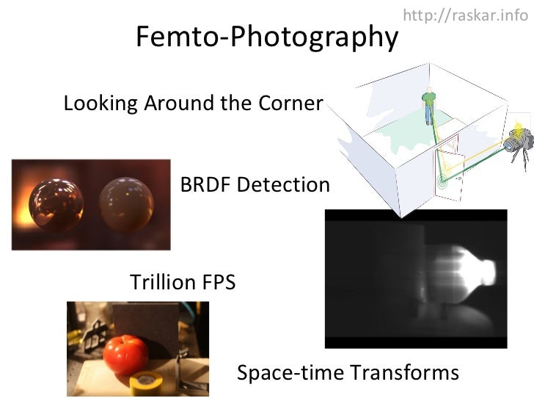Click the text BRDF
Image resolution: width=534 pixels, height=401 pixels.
click(205, 185)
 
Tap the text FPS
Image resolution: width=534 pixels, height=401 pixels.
click(214, 282)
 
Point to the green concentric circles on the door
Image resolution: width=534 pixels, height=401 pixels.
click(442, 180)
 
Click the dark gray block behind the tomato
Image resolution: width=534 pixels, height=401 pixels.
click(144, 322)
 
